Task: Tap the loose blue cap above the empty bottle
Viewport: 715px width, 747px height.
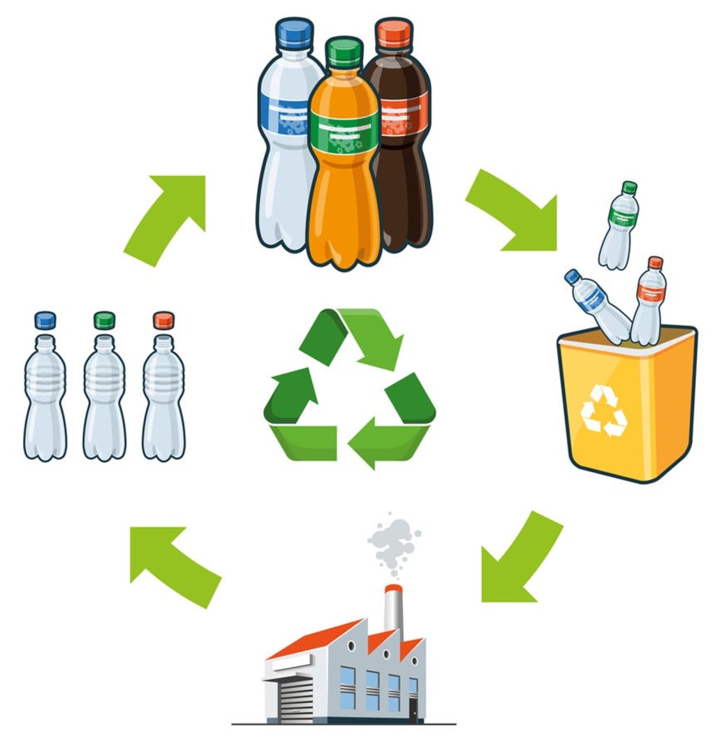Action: click(45, 320)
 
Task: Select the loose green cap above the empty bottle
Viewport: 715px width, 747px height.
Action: click(105, 320)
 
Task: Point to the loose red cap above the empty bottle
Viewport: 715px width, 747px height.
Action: click(164, 320)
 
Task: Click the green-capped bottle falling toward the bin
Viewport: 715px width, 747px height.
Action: click(619, 227)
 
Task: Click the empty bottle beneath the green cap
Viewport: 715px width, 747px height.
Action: click(105, 398)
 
